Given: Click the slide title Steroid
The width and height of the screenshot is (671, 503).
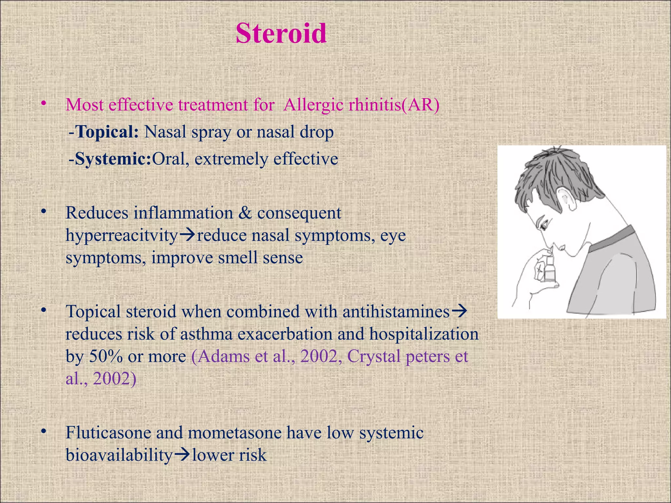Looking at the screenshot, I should point(281,33).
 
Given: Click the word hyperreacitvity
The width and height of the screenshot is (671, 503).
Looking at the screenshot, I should point(122,235).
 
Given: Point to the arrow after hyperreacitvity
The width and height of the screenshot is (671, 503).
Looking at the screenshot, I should point(187,235).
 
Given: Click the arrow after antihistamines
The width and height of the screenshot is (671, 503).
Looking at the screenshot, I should point(459,311).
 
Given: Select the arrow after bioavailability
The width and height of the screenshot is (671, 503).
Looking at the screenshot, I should point(182,455).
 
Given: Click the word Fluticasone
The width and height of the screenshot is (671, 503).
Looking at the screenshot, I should point(108,433).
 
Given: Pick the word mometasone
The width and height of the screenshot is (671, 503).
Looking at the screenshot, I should point(235,433).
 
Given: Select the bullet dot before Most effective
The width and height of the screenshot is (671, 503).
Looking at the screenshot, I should point(43,104).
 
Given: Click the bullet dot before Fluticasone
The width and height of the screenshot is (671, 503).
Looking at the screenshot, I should point(43,431).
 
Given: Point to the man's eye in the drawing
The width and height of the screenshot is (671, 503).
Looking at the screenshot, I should point(544,226).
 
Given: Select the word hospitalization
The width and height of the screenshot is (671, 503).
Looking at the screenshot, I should point(424,334).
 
